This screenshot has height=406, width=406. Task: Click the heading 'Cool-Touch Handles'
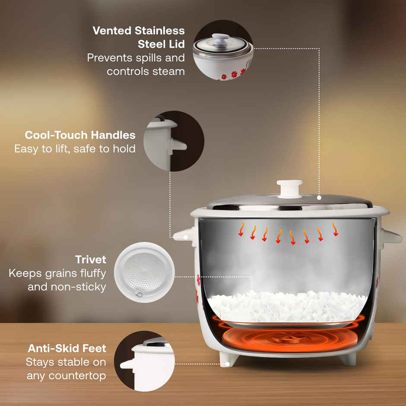(80, 135)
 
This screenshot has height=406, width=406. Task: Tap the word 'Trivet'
(91, 260)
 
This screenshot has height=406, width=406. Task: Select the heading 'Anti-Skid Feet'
(67, 348)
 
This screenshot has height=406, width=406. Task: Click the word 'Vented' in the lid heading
(112, 31)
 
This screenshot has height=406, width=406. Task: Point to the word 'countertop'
(77, 376)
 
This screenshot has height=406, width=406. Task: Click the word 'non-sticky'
(79, 287)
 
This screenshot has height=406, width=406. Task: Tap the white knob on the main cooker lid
(289, 188)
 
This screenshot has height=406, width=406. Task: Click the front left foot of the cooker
(228, 359)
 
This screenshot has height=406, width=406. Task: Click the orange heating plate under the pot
(289, 338)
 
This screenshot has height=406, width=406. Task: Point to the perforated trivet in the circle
(144, 272)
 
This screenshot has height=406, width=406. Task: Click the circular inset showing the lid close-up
(223, 50)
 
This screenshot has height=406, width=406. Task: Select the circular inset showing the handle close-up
(174, 141)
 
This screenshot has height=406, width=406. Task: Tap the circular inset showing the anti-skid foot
(144, 361)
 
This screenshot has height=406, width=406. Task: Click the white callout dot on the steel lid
(319, 197)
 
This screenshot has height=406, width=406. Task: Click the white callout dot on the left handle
(186, 237)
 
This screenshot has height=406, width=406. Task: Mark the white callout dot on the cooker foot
(227, 364)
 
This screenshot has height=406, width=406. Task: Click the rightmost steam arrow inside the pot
(335, 229)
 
